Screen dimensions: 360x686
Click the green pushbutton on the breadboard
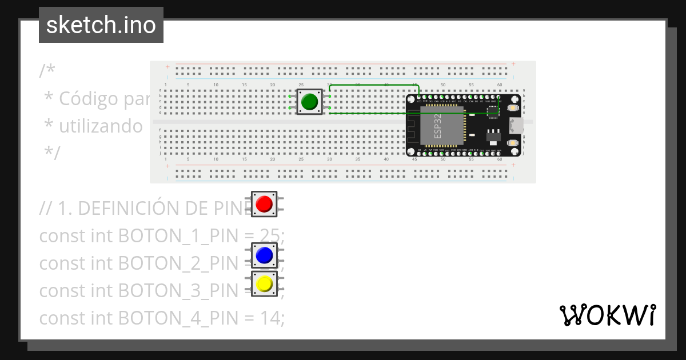pyautogui.click(x=309, y=102)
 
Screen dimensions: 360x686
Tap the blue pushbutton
pyautogui.click(x=264, y=255)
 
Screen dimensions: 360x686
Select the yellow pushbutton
pyautogui.click(x=264, y=283)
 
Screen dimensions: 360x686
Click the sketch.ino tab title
pyautogui.click(x=101, y=25)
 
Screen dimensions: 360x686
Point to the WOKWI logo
pyautogui.click(x=607, y=315)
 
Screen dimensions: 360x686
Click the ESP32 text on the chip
pyautogui.click(x=437, y=126)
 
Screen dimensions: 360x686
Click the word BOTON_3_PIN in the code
pyautogui.click(x=177, y=290)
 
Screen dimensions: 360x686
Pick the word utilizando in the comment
pyautogui.click(x=101, y=126)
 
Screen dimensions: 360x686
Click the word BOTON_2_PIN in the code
pyautogui.click(x=177, y=263)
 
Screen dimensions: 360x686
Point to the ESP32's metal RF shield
pyautogui.click(x=441, y=125)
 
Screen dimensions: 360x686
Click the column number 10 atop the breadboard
pyautogui.click(x=216, y=85)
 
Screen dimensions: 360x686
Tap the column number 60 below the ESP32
pyautogui.click(x=500, y=159)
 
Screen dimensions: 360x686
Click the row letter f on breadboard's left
pyautogui.click(x=159, y=130)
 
